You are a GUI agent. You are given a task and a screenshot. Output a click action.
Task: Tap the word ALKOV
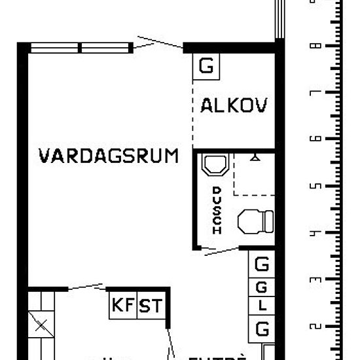pos(234,106)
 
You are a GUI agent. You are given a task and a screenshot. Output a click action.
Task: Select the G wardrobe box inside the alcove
pos(206,66)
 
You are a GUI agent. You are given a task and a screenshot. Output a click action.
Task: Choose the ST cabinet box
pos(151,305)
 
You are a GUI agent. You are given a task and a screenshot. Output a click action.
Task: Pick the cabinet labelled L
pos(262,306)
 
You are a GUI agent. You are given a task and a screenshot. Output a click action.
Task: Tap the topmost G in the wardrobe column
pos(262,264)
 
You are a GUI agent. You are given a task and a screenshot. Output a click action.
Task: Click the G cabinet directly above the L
pos(262,286)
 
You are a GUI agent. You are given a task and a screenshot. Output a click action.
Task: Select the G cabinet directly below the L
pos(262,327)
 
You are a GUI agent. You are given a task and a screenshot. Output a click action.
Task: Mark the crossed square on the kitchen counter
pos(40,325)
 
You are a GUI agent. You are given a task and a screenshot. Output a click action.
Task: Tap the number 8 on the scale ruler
pos(318,46)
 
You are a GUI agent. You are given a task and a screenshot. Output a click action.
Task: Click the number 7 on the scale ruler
pos(318,93)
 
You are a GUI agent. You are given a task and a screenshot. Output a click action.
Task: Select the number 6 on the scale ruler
pos(318,139)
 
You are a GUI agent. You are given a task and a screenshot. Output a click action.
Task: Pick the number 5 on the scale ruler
pos(318,187)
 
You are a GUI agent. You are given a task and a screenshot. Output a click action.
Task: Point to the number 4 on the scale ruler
pos(318,233)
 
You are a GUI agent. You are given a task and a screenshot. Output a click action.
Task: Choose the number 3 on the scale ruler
pos(318,280)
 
